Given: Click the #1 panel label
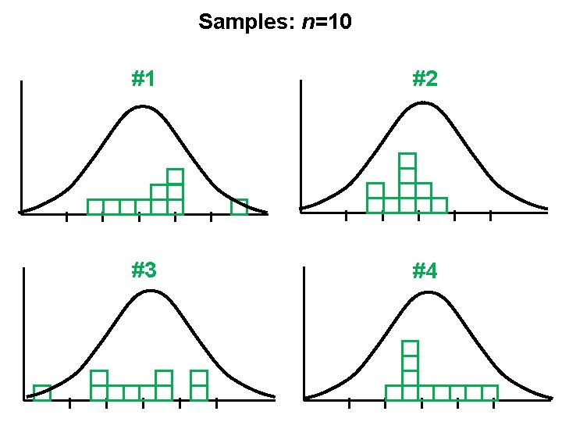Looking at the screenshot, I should point(143,79).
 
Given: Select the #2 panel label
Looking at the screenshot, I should point(424,79).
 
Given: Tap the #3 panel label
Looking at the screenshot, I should point(144,271).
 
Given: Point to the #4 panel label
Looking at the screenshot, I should point(424,271).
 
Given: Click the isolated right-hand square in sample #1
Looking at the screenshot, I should point(239,207).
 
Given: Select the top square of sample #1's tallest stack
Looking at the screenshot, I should point(175,177).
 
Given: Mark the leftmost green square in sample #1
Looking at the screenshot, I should point(95,207).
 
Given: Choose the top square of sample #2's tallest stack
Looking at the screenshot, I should point(407,161).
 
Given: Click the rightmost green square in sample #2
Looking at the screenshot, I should point(439,206).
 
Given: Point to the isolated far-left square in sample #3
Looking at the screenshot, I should point(42,392).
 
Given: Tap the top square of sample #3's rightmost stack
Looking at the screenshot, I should point(199,378).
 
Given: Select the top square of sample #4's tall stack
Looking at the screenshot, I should point(411,349).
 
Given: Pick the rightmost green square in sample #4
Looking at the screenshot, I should point(489,392).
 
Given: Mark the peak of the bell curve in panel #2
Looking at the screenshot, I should point(422,104).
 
